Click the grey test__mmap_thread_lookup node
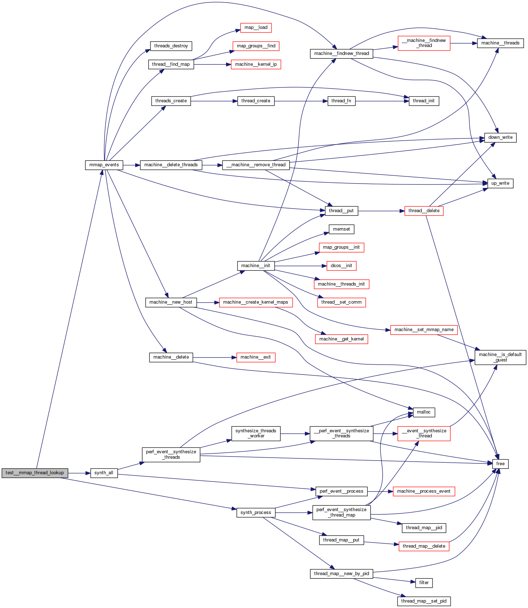tap(35, 473)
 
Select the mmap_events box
tap(104, 165)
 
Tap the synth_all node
tap(104, 473)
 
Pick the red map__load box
tap(256, 27)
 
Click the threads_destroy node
tap(171, 46)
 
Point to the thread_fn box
tap(341, 101)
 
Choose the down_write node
tap(500, 137)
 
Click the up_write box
tap(500, 183)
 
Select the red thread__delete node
tap(424, 211)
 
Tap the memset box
tap(341, 229)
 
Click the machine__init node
tap(256, 266)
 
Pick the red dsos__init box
tap(341, 266)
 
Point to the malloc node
tap(424, 412)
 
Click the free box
tap(500, 464)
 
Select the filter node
tap(424, 583)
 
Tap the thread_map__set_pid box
tap(424, 601)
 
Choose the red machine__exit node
tap(256, 357)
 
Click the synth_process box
tap(256, 513)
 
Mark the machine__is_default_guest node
tap(500, 357)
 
